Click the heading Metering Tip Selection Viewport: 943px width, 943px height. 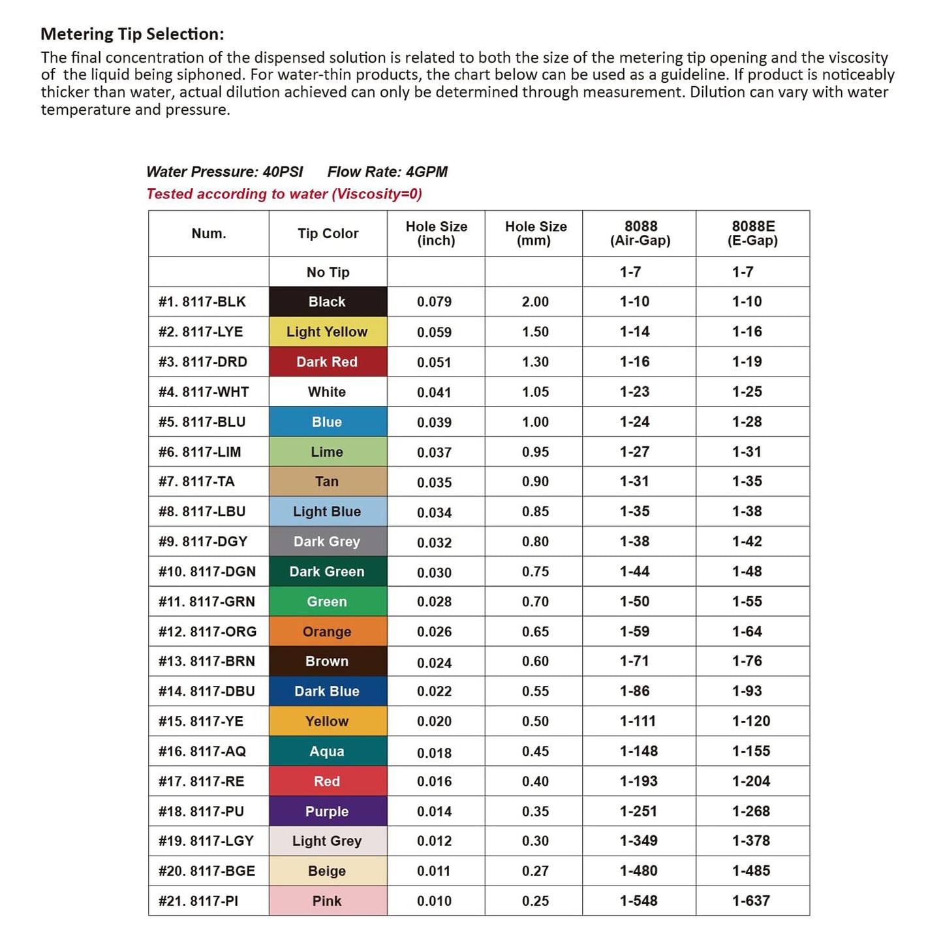click(132, 34)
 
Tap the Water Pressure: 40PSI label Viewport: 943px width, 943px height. click(224, 172)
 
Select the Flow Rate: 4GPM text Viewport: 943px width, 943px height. click(387, 172)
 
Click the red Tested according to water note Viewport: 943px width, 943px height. click(284, 194)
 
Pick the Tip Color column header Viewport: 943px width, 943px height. click(328, 234)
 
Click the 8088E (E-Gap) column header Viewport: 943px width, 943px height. click(752, 234)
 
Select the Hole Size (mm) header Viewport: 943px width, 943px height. click(535, 234)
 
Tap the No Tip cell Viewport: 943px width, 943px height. click(328, 272)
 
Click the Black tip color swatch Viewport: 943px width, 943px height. click(328, 301)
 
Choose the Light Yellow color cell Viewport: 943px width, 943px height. click(328, 332)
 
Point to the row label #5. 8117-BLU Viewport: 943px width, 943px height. click(202, 422)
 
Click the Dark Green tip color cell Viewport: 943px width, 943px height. click(328, 572)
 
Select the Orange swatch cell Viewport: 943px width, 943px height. click(328, 632)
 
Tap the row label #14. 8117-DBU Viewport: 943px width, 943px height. click(207, 691)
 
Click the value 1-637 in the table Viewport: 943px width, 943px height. click(751, 901)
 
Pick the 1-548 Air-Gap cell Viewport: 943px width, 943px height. click(638, 901)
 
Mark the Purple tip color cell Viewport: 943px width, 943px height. click(328, 811)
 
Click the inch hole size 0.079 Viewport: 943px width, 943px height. click(435, 301)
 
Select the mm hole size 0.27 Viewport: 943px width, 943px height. click(535, 871)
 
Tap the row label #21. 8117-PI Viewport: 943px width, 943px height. click(198, 901)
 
